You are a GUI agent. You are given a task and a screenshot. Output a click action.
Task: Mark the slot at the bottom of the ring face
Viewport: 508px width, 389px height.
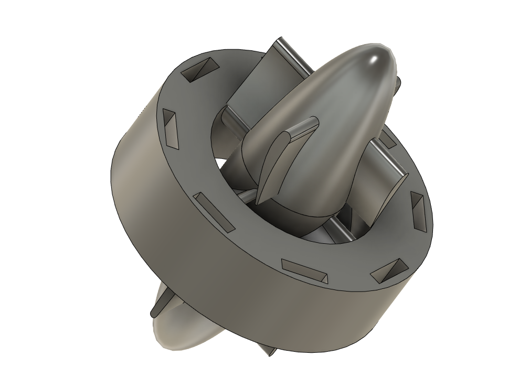pos(305,270)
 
